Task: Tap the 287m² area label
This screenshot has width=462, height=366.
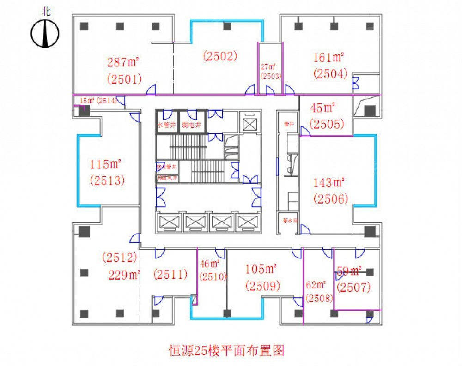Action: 123,62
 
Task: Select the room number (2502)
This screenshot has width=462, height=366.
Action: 220,56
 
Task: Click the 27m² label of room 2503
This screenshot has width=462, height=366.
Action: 270,66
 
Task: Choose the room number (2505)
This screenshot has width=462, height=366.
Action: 327,124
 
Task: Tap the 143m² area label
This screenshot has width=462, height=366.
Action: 330,183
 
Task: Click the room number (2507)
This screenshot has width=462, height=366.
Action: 354,288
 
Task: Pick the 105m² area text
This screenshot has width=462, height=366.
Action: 261,269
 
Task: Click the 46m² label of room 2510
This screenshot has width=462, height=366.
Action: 210,264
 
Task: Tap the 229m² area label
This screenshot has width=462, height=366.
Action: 124,276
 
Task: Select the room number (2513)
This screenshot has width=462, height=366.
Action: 108,180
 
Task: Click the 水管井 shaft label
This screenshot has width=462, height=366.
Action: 166,124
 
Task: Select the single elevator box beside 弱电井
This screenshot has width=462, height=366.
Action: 249,124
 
